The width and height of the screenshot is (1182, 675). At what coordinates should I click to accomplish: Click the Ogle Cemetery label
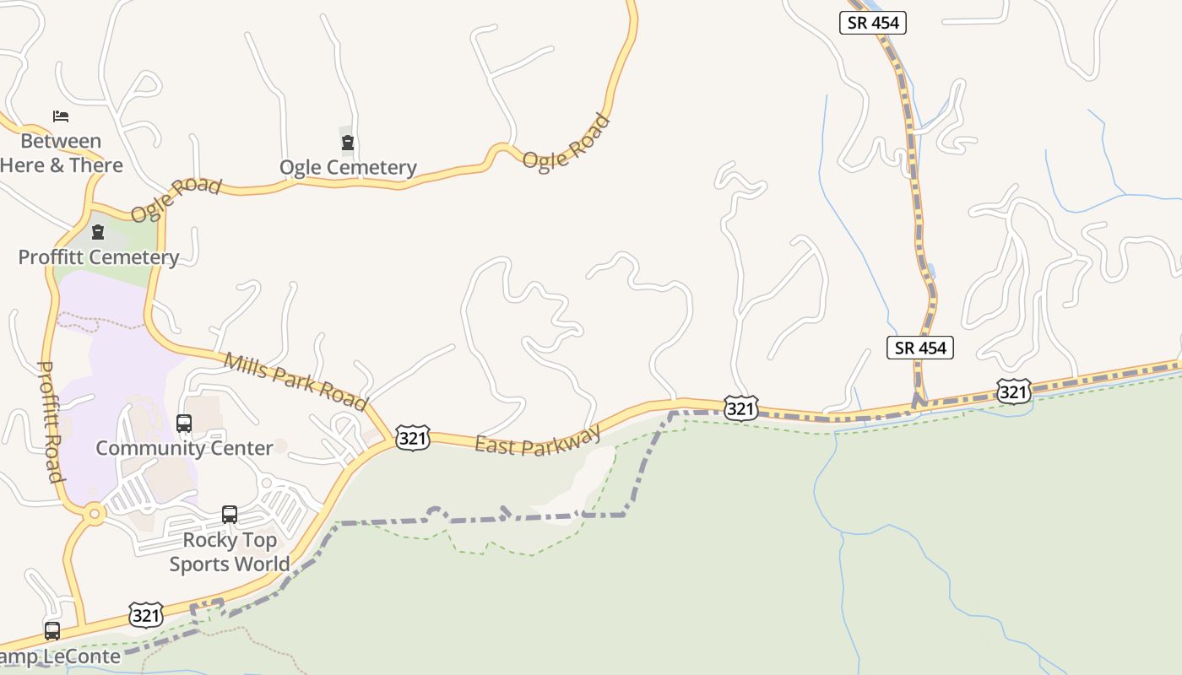(x=348, y=167)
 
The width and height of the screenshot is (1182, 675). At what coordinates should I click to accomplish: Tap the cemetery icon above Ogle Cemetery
(x=347, y=142)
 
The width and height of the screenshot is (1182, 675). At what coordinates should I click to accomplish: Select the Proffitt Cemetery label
(x=99, y=257)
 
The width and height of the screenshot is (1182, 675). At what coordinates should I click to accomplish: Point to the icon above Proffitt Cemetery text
(x=98, y=231)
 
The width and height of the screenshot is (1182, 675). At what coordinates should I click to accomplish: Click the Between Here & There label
(x=61, y=153)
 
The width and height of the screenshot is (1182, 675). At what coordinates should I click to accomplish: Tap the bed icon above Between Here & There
(x=61, y=116)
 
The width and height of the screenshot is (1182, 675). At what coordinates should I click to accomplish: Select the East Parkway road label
(x=538, y=440)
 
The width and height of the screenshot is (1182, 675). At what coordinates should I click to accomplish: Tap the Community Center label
(x=184, y=448)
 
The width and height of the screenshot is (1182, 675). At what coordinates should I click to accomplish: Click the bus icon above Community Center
(x=184, y=424)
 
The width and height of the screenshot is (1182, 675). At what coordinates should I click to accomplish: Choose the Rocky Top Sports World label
(x=230, y=552)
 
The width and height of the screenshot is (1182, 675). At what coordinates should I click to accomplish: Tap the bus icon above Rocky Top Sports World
(x=230, y=514)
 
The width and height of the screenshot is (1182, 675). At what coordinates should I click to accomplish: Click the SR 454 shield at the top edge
(x=873, y=23)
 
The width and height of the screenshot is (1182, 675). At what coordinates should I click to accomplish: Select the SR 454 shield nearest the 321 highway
(x=919, y=347)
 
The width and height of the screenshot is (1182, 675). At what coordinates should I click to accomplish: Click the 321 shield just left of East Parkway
(x=413, y=438)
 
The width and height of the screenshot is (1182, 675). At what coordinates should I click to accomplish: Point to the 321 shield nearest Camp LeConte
(x=146, y=615)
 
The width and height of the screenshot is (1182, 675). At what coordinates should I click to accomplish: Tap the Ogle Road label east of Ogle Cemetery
(x=566, y=142)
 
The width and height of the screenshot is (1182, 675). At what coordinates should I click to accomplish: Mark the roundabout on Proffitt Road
(x=94, y=512)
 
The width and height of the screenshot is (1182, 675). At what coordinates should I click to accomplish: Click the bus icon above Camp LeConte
(x=52, y=630)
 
